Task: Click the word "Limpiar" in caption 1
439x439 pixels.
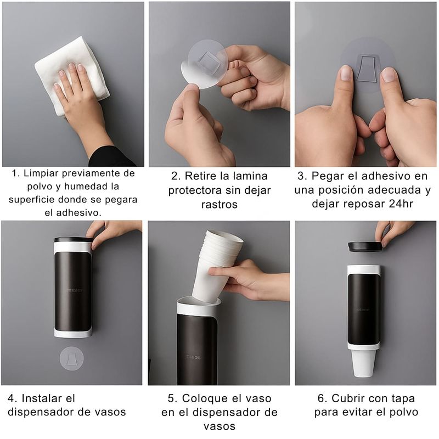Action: point(41,173)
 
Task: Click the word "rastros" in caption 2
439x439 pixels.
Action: point(219,204)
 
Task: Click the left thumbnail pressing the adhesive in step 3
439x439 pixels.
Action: point(346,74)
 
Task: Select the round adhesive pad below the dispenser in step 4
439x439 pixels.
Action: point(72,358)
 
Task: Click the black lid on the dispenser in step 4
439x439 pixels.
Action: point(74,240)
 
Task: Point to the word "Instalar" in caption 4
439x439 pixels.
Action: point(48,398)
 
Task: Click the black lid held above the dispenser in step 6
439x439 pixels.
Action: point(365,246)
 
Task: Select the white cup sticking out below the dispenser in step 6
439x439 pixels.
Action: point(363,363)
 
